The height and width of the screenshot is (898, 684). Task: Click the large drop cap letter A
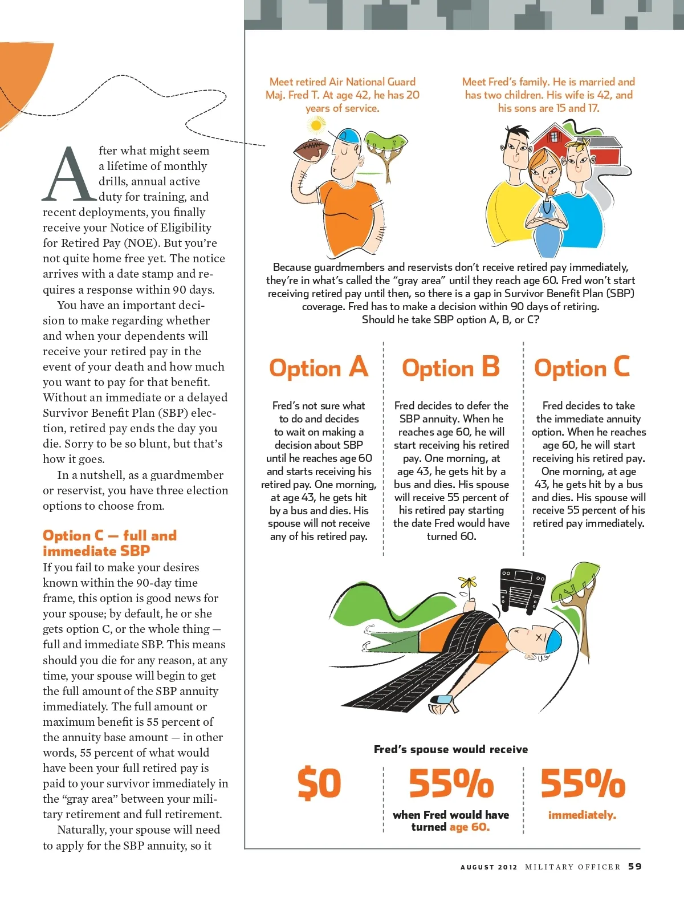point(68,175)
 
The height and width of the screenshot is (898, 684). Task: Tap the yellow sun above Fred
point(315,124)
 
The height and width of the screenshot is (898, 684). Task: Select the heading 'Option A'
point(319,368)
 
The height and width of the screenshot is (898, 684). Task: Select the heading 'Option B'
point(451,368)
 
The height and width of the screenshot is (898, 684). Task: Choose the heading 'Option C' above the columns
point(582,368)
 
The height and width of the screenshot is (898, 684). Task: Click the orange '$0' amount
point(319,783)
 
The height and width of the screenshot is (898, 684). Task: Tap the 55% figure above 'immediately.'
point(583,783)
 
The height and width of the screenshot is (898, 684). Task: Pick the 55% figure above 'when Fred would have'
point(451,783)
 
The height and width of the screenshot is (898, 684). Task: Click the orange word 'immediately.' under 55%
point(582,815)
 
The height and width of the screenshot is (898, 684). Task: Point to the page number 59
point(635,867)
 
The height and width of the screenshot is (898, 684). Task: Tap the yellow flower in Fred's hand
point(468,583)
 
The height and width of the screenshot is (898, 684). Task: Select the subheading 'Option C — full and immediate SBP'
point(110,543)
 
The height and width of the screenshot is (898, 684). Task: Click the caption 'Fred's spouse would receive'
point(451,749)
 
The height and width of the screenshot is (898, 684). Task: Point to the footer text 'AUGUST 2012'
point(488,867)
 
